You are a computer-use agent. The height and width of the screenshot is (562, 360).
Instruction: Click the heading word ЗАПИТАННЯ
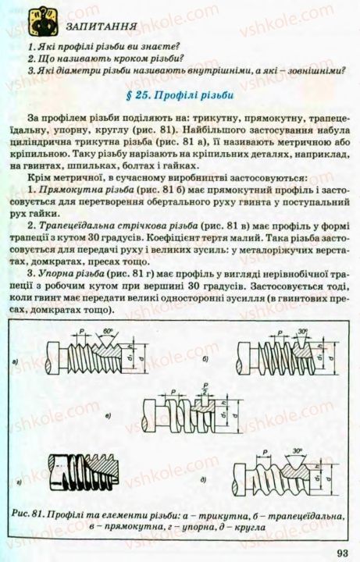pos(91,26)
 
